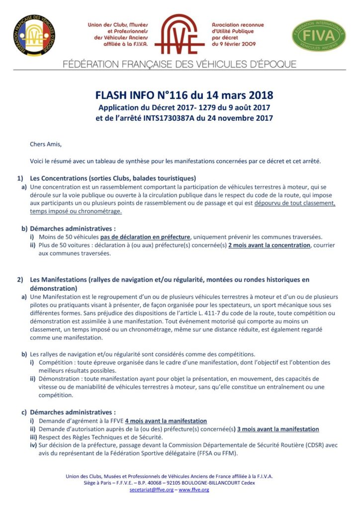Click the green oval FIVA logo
pos(319,35)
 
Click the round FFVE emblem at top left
pos(34,35)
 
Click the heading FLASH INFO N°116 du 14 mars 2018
pos(184,95)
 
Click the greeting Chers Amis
pos(46,145)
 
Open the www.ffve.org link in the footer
pos(193,490)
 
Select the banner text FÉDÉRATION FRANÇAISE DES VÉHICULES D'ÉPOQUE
pos(180,64)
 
